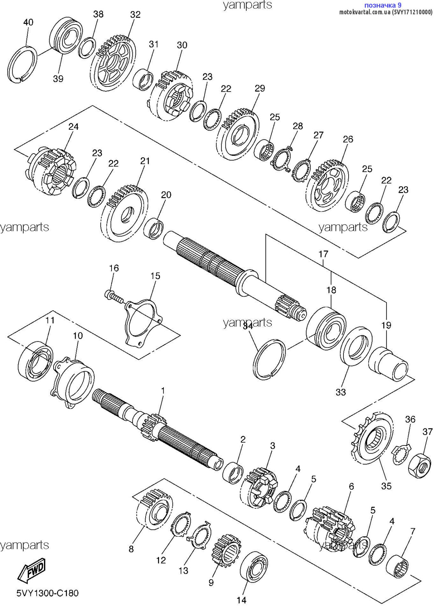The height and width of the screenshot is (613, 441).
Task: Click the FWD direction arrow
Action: pos(31,570)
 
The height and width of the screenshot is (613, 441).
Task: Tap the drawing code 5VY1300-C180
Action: pos(47,593)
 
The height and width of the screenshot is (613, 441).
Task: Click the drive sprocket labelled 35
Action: pos(372,438)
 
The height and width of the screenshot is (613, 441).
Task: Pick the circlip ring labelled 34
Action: pos(269,359)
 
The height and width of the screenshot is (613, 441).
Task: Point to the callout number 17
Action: pos(323,254)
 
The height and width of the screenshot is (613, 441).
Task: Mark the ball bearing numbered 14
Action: pos(254,567)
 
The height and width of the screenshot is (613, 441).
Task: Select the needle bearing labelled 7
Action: pos(397,566)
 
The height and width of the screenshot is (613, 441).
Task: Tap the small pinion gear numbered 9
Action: pos(226,551)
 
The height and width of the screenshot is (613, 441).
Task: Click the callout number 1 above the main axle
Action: pos(163,390)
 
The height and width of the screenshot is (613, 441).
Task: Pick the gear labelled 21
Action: pos(124,214)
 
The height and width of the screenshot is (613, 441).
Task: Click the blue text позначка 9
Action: pos(383,5)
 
